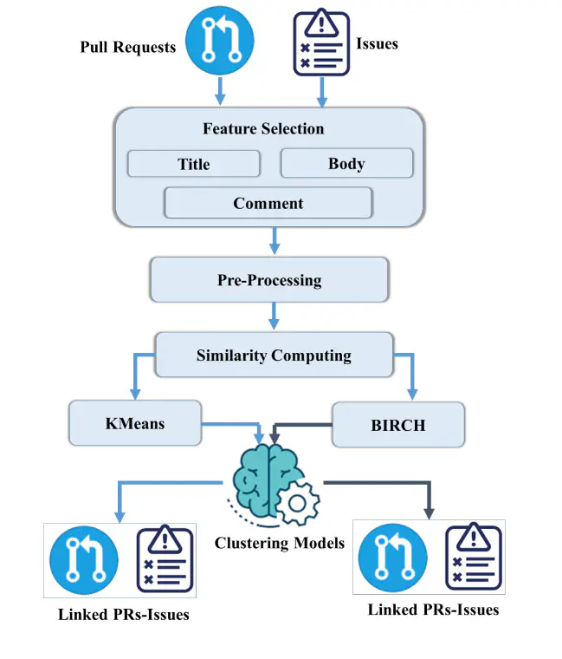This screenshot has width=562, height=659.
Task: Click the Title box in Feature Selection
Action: click(x=194, y=164)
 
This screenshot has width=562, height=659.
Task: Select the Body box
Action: click(x=346, y=163)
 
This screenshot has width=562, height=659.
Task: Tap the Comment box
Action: click(x=268, y=203)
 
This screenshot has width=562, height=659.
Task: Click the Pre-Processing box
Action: click(x=269, y=280)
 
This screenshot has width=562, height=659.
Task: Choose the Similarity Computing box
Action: click(x=275, y=356)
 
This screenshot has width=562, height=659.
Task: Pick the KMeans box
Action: click(x=135, y=423)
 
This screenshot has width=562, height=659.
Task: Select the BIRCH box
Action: click(x=398, y=425)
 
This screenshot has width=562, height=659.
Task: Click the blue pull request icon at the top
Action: click(x=220, y=41)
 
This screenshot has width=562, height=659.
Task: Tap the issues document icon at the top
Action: click(x=321, y=42)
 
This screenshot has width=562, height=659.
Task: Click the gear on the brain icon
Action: click(x=298, y=503)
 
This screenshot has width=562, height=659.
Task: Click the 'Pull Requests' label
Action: click(x=128, y=47)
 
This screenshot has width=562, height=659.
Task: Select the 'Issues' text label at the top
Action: click(x=377, y=43)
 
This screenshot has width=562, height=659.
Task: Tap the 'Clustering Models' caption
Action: click(x=280, y=543)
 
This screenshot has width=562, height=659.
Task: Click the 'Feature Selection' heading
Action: click(x=263, y=128)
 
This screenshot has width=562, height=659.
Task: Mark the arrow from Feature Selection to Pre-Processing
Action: click(x=275, y=241)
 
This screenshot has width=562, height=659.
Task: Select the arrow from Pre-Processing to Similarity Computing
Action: click(x=275, y=316)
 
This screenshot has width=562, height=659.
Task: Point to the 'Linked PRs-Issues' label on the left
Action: click(x=123, y=615)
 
